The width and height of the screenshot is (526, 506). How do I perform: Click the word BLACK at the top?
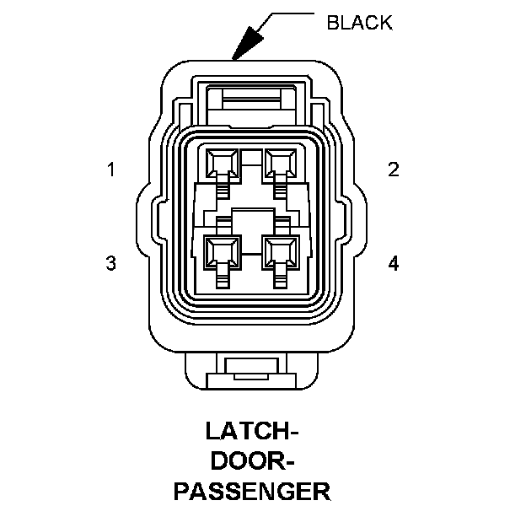click(359, 23)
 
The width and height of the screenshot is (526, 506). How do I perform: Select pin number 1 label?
click(110, 170)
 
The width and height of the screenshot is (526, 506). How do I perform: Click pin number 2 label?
click(393, 170)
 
